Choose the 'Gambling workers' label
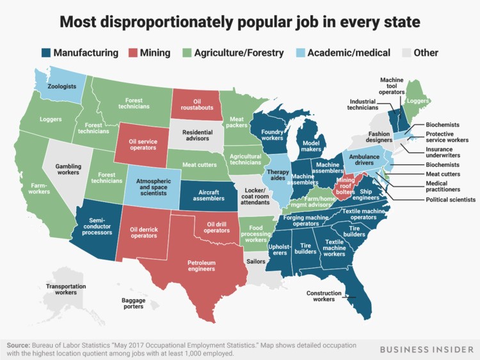(x=68, y=170)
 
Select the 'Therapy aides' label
(x=278, y=176)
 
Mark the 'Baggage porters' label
(x=134, y=303)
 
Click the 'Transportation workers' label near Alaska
(x=66, y=289)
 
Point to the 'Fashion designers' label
(x=380, y=137)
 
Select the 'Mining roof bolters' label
(x=345, y=187)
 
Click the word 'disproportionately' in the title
(x=185, y=23)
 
